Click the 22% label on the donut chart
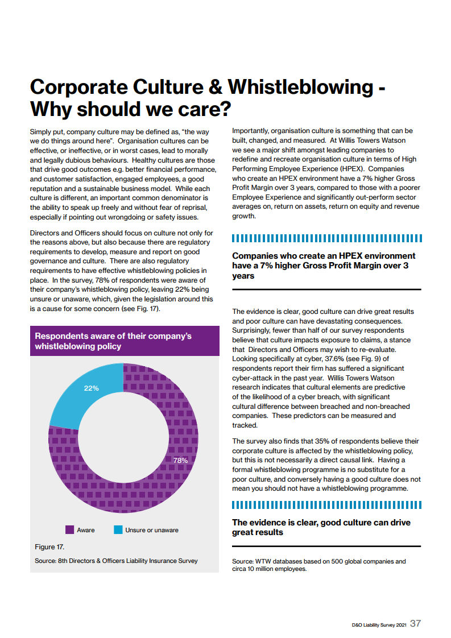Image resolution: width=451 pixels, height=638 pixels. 91,388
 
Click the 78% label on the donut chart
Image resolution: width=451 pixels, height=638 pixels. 180,460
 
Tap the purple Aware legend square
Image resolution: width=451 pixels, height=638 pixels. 70,529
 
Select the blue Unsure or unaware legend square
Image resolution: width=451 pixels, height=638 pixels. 118,529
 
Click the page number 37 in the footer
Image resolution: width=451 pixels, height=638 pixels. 416,623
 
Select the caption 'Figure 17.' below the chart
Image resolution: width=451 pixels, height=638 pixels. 49,547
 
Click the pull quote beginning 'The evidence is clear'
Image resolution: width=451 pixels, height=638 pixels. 321,527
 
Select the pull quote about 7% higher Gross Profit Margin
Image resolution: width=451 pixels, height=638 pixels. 324,266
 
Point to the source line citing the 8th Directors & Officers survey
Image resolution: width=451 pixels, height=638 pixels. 116,561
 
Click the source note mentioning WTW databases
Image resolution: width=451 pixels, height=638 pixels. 318,565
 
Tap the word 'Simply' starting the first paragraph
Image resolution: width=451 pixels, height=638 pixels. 41,131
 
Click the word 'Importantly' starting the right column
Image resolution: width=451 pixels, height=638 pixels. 252,131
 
